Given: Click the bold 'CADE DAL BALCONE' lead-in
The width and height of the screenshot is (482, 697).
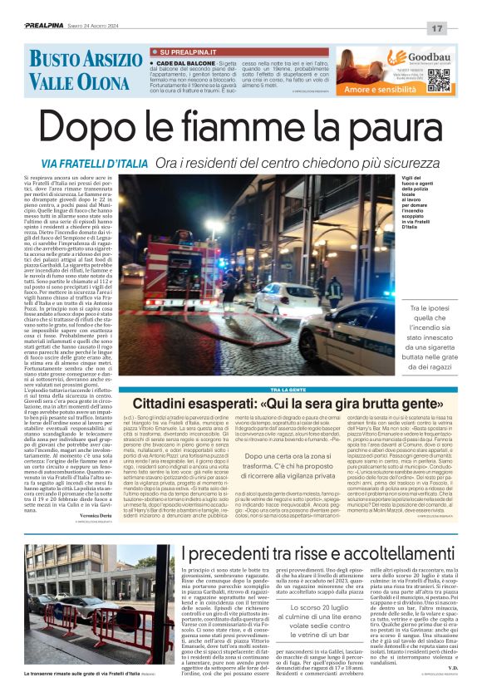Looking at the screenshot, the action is click(181, 63).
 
